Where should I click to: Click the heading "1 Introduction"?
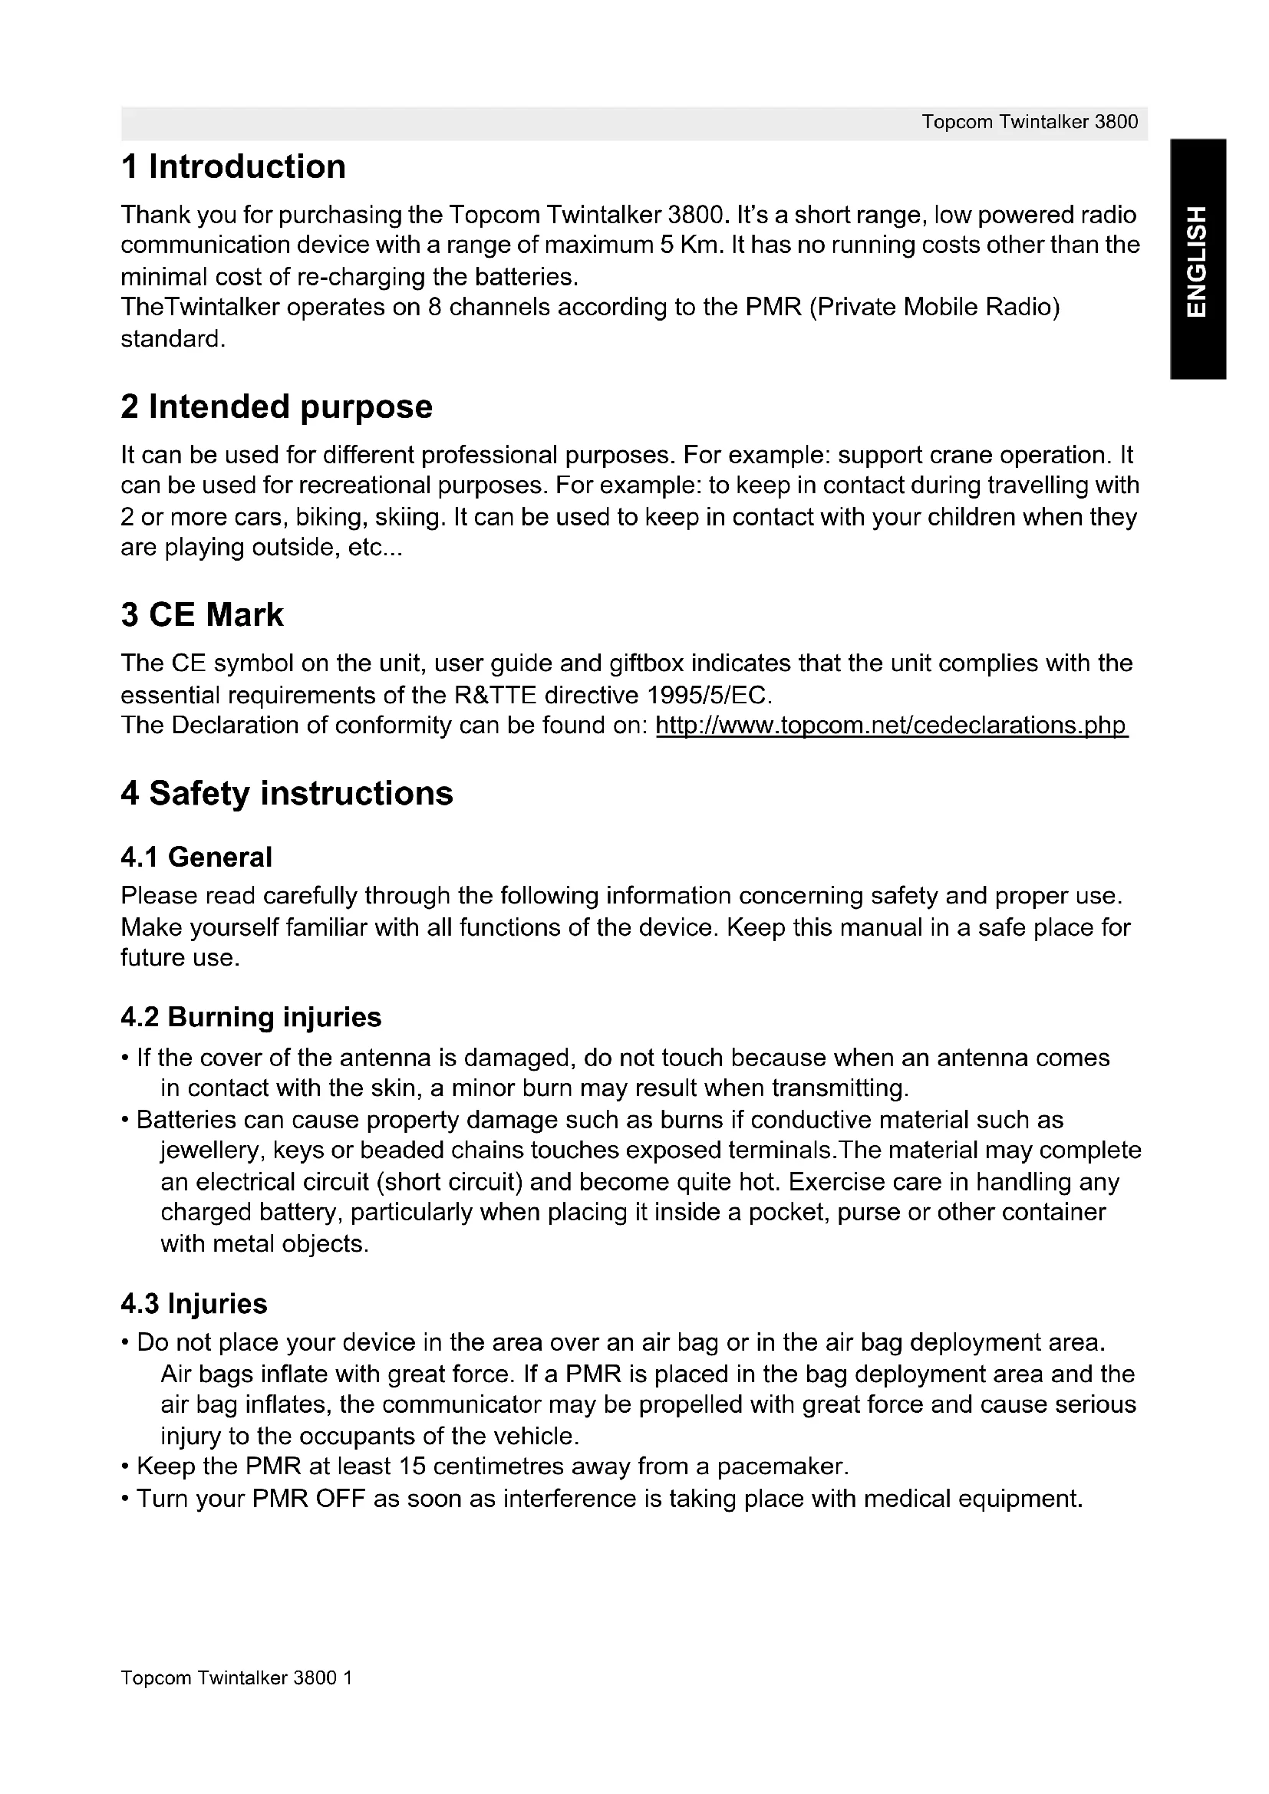(x=233, y=167)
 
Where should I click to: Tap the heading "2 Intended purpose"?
(x=277, y=407)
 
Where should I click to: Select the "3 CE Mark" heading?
(x=202, y=615)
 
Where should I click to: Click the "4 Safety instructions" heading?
(x=287, y=794)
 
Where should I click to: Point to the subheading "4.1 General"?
(x=196, y=857)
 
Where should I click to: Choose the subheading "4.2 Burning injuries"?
(x=251, y=1017)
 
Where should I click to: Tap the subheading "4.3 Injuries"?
(x=194, y=1304)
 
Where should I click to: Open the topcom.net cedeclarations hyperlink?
(x=892, y=726)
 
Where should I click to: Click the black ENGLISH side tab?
(x=1197, y=259)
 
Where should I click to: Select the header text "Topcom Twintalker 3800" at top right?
(x=1029, y=122)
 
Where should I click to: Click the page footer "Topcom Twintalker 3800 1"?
(x=236, y=1677)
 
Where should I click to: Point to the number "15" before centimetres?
(x=412, y=1466)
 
